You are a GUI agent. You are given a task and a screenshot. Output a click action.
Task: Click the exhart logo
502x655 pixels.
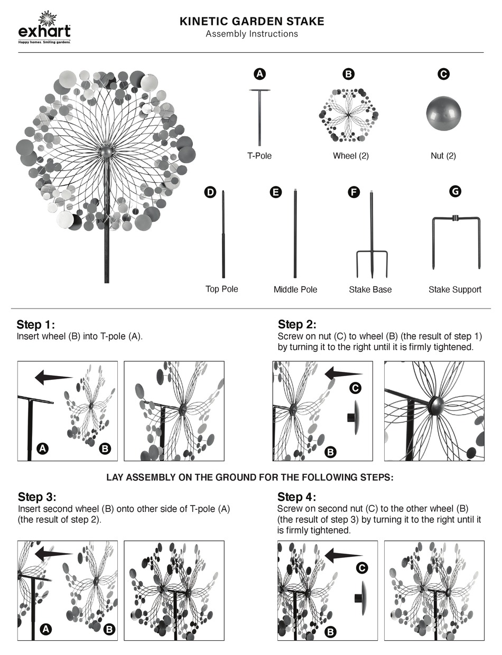pos(44,27)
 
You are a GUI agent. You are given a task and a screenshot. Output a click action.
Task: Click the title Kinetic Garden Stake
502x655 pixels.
pos(252,22)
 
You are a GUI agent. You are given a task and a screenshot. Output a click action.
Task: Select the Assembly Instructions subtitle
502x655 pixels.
pos(252,34)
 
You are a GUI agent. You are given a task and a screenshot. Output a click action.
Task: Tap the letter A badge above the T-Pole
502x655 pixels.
pos(259,74)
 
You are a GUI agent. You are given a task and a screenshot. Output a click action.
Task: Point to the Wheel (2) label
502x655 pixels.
pos(350,156)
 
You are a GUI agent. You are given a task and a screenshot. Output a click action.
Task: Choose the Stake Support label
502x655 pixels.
pos(454,289)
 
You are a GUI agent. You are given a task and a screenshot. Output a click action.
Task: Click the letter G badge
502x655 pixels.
pos(454,192)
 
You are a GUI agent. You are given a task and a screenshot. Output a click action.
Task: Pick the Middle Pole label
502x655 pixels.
pos(295,289)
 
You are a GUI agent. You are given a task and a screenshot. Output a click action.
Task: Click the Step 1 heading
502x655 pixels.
pos(35,324)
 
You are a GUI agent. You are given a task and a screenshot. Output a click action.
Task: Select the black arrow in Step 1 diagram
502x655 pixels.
pos(53,377)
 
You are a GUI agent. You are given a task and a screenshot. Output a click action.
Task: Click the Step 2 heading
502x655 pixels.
pos(297,324)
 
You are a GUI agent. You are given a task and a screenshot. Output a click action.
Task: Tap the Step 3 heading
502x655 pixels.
pos(37,497)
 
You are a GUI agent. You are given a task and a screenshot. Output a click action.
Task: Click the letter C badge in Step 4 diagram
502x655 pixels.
pos(362,568)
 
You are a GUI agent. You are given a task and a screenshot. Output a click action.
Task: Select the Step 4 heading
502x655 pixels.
pos(297,497)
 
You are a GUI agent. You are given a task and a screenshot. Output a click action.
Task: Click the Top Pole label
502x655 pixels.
pos(221,289)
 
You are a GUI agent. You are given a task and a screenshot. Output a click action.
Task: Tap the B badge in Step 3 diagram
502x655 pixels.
pos(109,629)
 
